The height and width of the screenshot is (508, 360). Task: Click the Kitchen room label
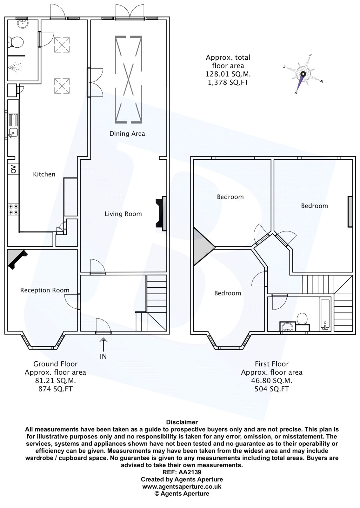click(44, 174)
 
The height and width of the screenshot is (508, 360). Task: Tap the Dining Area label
click(127, 134)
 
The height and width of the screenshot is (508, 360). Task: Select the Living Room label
click(123, 214)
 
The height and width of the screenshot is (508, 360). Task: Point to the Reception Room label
click(45, 290)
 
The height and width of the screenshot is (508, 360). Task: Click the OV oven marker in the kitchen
click(14, 169)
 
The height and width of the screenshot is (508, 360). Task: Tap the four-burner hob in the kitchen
click(13, 210)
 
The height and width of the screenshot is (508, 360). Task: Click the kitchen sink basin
click(13, 132)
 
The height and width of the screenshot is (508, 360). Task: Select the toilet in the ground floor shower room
click(16, 42)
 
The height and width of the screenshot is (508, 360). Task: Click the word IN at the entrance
click(103, 357)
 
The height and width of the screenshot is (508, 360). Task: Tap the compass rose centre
click(303, 74)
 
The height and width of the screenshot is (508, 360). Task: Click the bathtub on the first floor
click(325, 315)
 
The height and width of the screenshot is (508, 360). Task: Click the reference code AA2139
click(190, 472)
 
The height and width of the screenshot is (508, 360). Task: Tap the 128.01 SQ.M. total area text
click(228, 74)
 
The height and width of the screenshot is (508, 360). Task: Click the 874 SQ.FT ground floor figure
click(56, 389)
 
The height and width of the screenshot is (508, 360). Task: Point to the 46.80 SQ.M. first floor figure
click(271, 381)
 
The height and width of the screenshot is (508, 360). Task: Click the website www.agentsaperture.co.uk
click(182, 486)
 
